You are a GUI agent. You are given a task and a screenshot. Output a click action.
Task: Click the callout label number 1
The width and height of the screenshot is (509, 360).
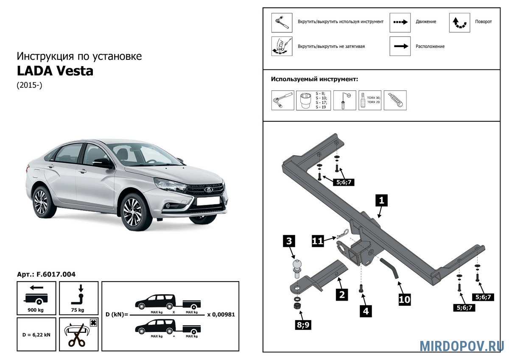381,200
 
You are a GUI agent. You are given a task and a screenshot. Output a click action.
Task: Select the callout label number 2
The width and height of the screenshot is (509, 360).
341,294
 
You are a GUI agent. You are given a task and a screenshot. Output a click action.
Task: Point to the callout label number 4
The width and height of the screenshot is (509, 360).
365,311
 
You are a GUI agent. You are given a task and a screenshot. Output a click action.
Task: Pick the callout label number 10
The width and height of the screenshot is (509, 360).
405,299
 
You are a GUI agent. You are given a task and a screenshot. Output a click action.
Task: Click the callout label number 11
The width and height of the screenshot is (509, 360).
318,241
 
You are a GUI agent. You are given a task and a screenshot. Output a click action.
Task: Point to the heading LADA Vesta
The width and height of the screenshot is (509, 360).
55,71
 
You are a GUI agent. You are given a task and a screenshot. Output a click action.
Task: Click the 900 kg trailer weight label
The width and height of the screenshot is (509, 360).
36,310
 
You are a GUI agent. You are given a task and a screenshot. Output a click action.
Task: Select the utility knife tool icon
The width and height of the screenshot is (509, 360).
395,100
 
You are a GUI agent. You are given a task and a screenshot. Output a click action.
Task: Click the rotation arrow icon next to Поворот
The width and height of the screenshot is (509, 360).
459,23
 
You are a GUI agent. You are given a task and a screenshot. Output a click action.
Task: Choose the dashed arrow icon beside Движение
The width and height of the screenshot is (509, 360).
400,22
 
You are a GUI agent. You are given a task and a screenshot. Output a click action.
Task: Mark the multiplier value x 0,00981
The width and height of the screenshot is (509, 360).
221,315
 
